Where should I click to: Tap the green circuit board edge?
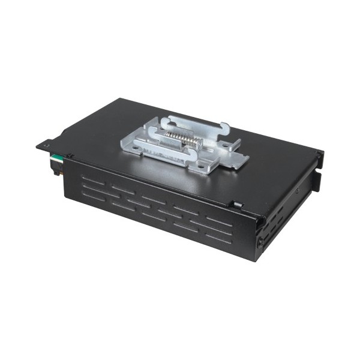(55, 158)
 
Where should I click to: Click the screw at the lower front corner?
(260, 243)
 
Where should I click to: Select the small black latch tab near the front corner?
(238, 205)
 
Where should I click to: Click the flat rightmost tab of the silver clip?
(240, 159)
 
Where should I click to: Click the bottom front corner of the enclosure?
(257, 259)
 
